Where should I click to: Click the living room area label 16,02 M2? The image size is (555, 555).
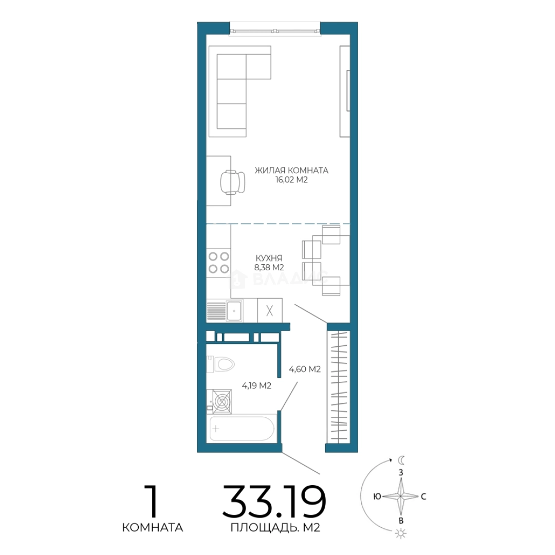[x=292, y=180]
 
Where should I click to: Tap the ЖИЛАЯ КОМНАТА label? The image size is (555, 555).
[x=292, y=170]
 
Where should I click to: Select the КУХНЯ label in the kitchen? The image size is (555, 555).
[x=269, y=258]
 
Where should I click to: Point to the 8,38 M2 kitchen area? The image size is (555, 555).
[x=269, y=267]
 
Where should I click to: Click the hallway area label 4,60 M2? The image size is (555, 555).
[x=305, y=369]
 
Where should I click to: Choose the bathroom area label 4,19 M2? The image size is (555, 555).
[x=256, y=385]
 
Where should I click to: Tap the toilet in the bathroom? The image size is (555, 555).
[x=220, y=364]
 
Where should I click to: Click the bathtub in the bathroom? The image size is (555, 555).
[x=242, y=429]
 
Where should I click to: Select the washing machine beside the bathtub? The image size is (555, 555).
[x=219, y=401]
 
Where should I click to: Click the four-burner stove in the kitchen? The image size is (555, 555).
[x=218, y=263]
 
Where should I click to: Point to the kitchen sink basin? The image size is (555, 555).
[x=234, y=311]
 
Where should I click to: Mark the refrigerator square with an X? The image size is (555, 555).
[x=270, y=310]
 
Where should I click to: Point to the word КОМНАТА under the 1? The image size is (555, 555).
[x=153, y=528]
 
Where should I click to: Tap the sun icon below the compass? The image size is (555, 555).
[x=401, y=533]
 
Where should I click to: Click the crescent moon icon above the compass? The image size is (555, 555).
[x=401, y=460]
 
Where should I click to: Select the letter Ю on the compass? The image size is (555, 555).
[x=377, y=496]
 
